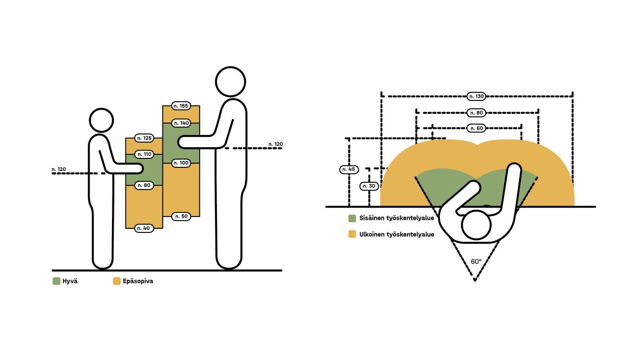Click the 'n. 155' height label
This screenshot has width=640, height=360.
point(181,106)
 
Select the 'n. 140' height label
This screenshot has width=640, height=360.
point(181,123)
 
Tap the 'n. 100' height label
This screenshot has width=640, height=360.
point(181,163)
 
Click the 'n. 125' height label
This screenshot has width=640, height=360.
point(144,138)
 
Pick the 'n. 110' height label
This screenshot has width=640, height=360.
point(144,154)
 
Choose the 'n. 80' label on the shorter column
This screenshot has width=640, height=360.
point(144,186)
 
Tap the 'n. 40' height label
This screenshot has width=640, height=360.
point(144,228)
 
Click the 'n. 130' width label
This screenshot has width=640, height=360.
point(476,97)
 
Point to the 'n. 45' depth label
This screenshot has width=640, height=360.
point(348,169)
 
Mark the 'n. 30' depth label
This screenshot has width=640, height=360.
point(369,186)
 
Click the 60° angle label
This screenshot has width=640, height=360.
point(476,262)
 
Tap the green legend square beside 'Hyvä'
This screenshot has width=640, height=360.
point(56,281)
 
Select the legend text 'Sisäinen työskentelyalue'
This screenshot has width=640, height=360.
point(396,218)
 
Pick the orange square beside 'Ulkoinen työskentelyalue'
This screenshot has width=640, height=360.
point(352,234)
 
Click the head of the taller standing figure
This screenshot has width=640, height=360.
point(230,82)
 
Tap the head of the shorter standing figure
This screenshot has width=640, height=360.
point(101,120)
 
